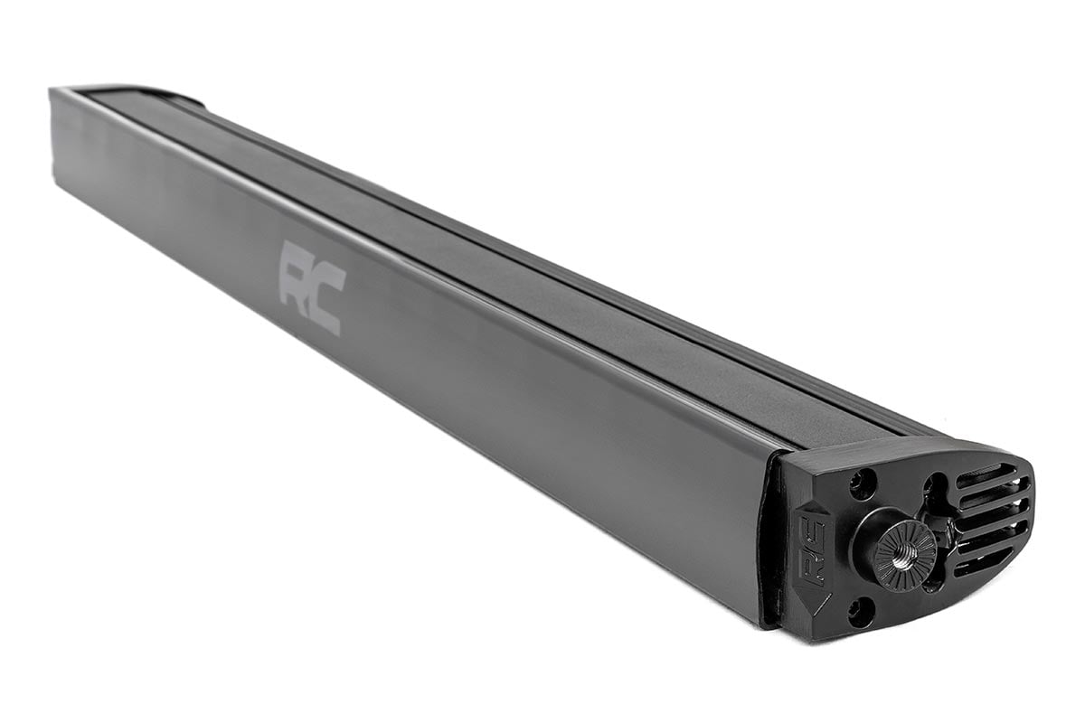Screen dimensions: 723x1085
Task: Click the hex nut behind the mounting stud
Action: [x=940, y=529]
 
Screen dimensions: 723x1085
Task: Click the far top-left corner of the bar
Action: [x=54, y=90]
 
